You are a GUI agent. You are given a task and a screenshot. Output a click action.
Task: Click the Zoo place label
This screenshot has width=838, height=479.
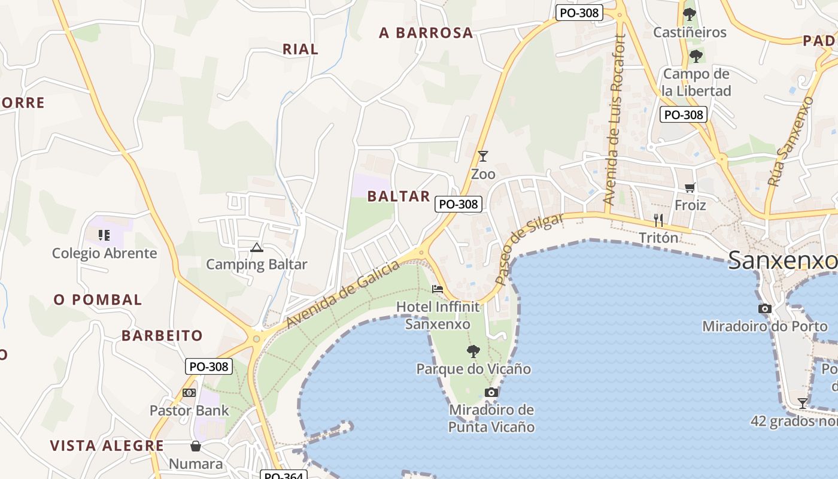(x=483, y=174)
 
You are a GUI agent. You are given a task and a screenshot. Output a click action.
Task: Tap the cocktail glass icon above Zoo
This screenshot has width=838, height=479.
(x=483, y=156)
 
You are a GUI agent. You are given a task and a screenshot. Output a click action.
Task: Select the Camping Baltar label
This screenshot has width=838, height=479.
(x=256, y=264)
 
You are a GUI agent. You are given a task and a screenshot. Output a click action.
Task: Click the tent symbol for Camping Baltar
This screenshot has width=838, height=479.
(x=257, y=247)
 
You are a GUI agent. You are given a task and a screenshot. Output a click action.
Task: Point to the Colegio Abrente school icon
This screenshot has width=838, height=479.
(x=105, y=235)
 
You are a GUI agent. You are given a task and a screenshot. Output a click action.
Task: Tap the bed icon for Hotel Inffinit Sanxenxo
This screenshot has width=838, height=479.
(x=438, y=289)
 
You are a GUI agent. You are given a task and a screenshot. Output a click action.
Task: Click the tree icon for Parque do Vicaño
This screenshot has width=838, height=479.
(x=473, y=351)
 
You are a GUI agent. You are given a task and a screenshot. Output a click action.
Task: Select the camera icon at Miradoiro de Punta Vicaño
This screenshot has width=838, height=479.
(x=491, y=393)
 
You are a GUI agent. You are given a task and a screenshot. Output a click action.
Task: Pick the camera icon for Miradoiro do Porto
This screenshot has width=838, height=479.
(x=764, y=309)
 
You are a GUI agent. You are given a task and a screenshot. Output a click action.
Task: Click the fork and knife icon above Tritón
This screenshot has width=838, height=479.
(x=659, y=220)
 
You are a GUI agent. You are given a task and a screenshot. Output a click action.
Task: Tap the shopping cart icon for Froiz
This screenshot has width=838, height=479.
(x=690, y=188)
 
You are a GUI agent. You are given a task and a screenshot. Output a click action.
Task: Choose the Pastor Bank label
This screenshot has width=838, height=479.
(x=189, y=410)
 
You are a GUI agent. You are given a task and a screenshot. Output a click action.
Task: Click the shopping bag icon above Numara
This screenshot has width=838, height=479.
(x=195, y=446)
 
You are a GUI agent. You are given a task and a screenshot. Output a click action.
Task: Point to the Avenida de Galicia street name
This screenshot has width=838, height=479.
(x=342, y=295)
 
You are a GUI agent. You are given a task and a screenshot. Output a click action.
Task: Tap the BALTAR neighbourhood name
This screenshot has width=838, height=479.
(x=399, y=196)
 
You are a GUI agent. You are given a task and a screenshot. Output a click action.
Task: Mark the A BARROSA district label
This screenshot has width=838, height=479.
(x=426, y=33)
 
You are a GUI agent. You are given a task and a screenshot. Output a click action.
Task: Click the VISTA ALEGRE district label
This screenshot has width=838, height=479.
(x=107, y=445)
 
